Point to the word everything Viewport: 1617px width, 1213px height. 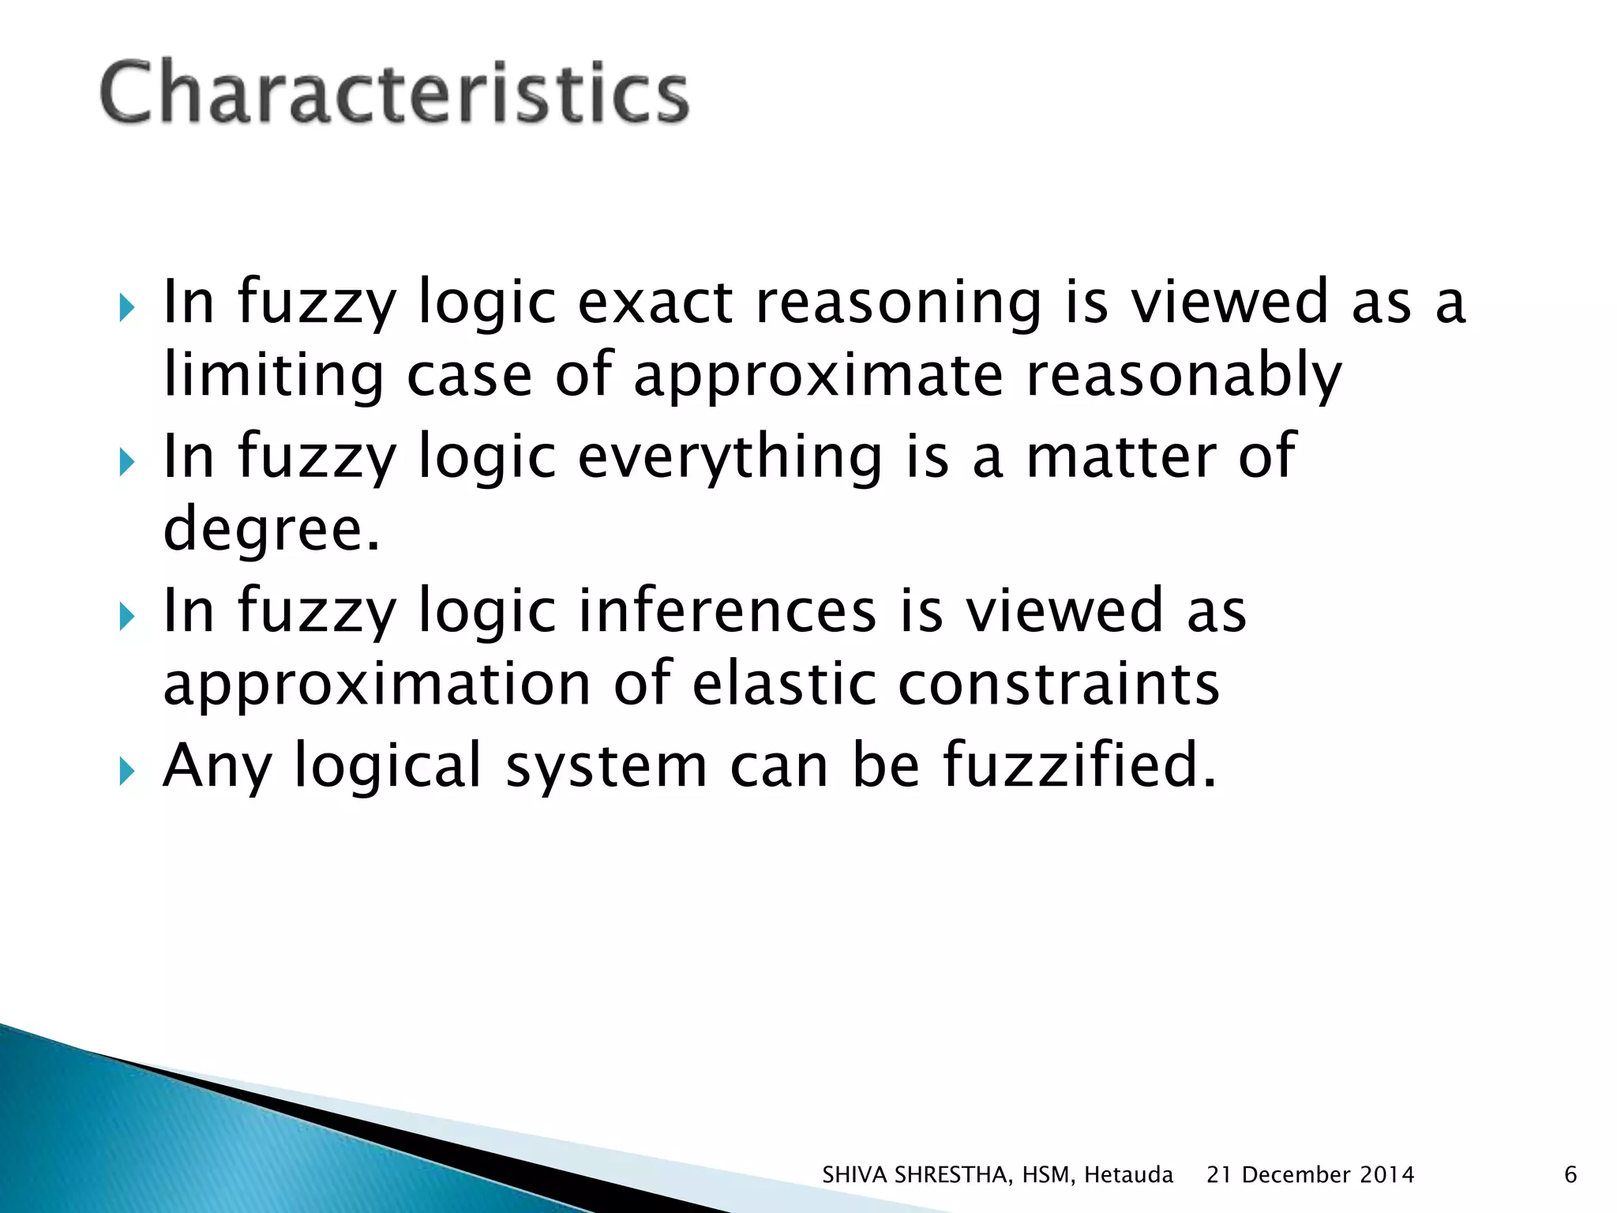tap(730, 458)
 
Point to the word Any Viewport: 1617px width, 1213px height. tap(216, 766)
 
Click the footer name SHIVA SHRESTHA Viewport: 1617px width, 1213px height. tap(915, 1176)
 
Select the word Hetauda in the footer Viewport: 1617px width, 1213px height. tap(1128, 1176)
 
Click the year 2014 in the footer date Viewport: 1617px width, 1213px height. tap(1386, 1176)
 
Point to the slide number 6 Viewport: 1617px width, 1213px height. tap(1570, 1176)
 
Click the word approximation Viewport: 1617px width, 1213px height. tap(377, 685)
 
